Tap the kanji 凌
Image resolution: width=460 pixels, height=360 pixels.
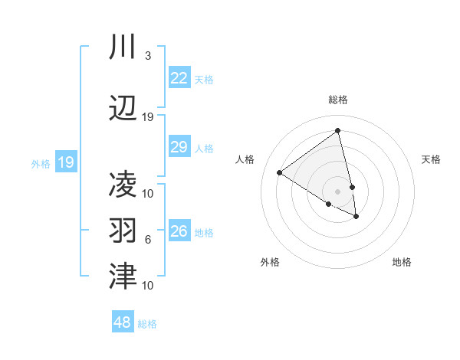(x=123, y=185)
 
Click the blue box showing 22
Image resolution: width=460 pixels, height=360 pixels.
(x=179, y=78)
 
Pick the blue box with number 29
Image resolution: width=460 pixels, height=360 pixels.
(x=179, y=148)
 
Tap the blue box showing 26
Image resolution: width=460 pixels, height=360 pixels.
(x=179, y=231)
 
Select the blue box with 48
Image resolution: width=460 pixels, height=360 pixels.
(x=123, y=322)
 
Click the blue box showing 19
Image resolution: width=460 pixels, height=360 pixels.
(x=66, y=162)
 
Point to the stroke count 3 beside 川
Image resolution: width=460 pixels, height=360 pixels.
(x=147, y=56)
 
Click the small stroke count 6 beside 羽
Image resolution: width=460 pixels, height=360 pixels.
(x=147, y=240)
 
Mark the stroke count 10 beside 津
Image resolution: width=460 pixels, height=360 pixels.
(x=148, y=285)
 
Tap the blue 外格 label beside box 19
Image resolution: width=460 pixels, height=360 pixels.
(x=40, y=163)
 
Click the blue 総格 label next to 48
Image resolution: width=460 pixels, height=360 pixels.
(x=147, y=324)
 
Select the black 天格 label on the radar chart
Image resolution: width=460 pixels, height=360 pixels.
(x=431, y=159)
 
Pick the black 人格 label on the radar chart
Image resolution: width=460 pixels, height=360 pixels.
(x=245, y=159)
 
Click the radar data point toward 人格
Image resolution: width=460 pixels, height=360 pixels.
(x=280, y=172)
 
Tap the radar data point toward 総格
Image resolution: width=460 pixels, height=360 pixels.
(x=338, y=131)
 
